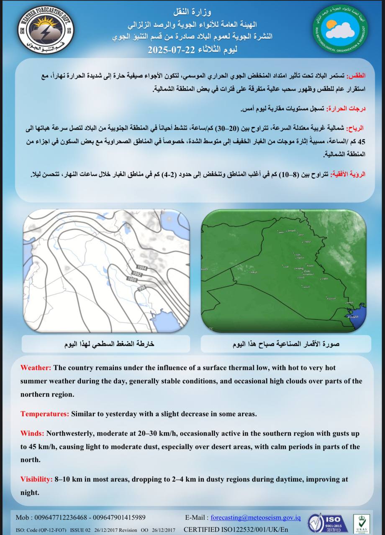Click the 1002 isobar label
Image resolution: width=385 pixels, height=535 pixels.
(x=137, y=274)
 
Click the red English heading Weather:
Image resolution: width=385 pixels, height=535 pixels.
(x=36, y=368)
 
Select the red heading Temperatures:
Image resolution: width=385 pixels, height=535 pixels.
(x=45, y=414)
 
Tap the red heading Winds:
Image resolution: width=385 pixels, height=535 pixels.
(x=32, y=433)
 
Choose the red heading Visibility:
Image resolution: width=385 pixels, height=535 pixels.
(x=37, y=479)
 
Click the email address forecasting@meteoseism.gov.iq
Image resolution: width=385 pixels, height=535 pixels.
(x=255, y=517)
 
